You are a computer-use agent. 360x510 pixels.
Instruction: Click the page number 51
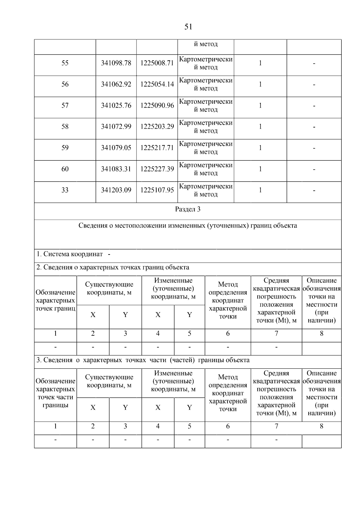pos(188,27)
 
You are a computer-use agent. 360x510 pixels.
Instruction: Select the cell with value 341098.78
pos(116,63)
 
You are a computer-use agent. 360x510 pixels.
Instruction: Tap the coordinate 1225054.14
pos(157,84)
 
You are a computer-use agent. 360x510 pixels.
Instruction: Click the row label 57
pos(65,105)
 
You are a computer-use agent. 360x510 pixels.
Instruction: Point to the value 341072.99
pos(116,127)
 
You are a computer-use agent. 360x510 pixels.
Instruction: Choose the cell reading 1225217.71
pos(157,148)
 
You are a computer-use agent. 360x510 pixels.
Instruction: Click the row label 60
pos(65,169)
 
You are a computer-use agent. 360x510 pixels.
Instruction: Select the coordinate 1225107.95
pos(157,190)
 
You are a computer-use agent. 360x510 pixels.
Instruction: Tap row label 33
pos(65,190)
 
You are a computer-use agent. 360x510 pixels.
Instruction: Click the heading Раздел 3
pos(188,209)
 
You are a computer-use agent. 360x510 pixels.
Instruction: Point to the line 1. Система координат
pos(70,254)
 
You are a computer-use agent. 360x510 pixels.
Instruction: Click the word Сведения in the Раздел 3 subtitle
pos(93,226)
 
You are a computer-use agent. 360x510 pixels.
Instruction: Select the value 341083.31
pos(116,169)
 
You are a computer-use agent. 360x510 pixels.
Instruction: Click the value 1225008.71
pos(157,63)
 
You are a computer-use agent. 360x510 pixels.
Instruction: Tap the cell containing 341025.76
pos(116,105)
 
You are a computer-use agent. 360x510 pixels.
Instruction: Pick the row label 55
pos(65,63)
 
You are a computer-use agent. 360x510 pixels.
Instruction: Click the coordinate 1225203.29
pos(157,127)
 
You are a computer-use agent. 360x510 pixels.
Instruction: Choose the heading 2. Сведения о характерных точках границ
pos(113,267)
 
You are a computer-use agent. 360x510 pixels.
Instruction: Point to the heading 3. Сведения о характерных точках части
pos(143,360)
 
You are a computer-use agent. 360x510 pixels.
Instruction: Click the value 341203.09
pos(116,190)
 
